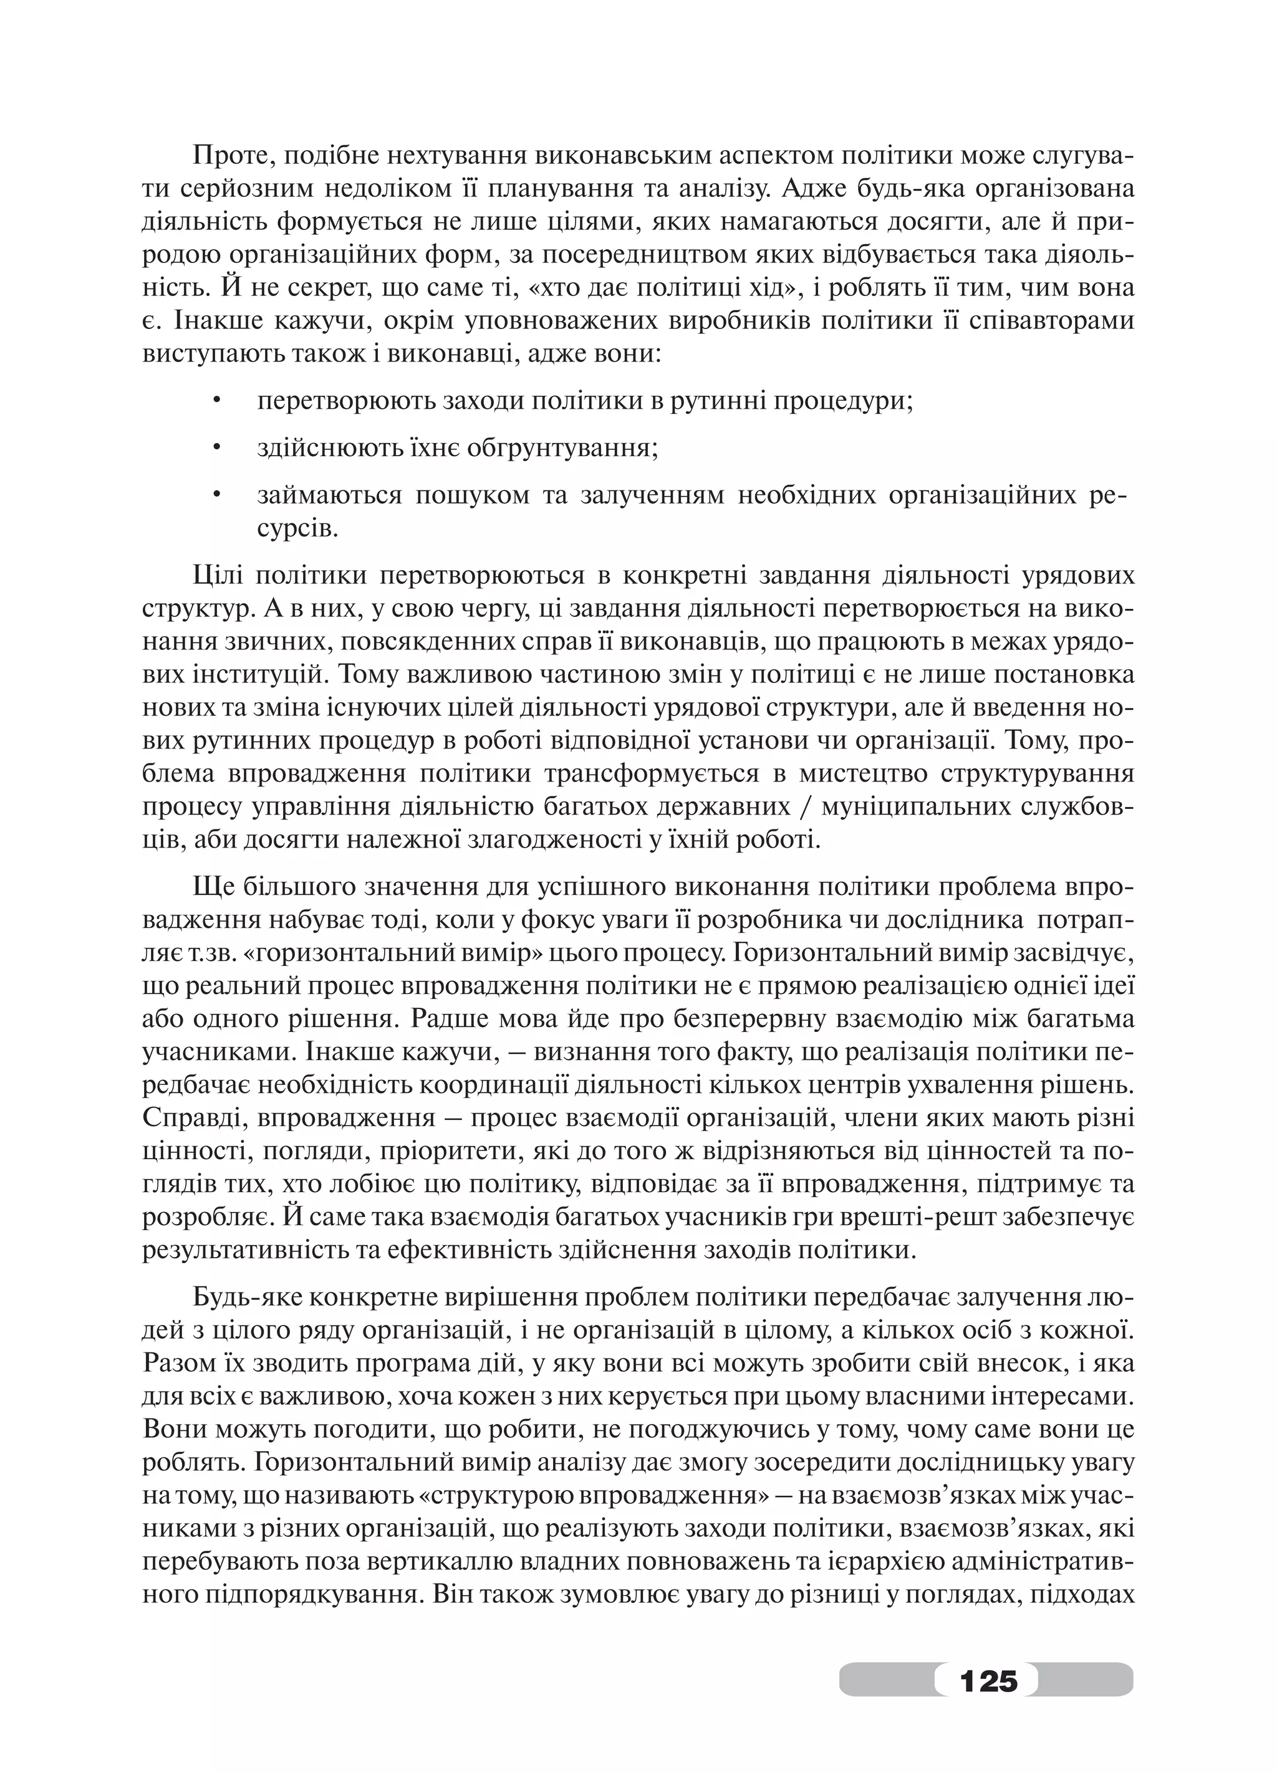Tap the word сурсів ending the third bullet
click(x=298, y=529)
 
